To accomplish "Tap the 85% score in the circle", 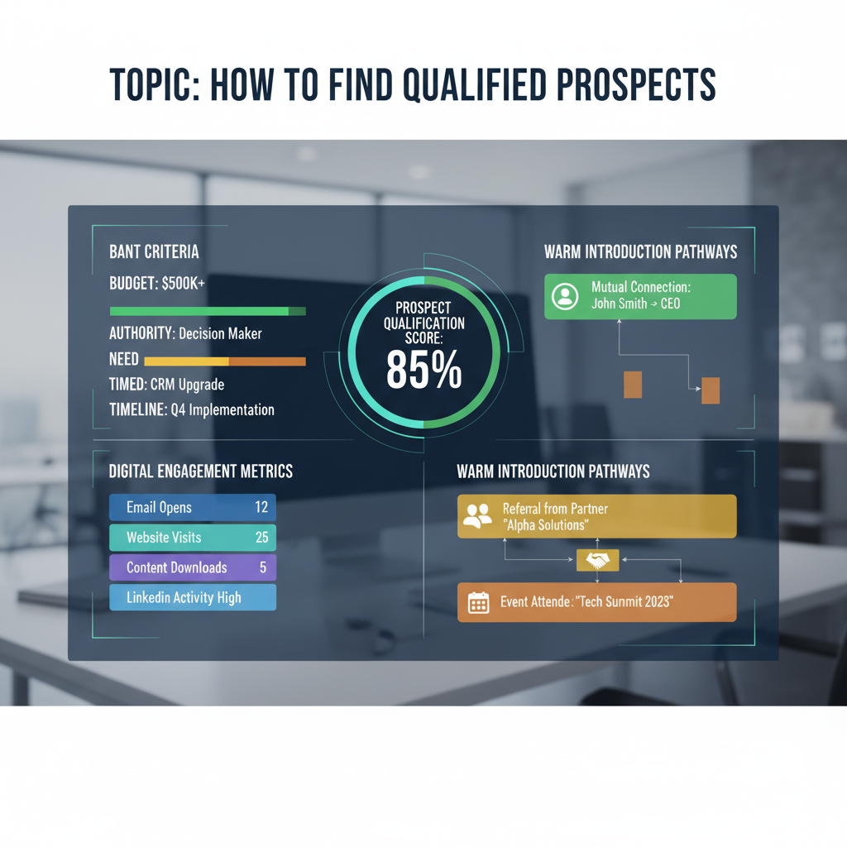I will [x=423, y=371].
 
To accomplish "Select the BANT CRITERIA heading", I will [x=154, y=251].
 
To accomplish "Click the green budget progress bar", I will [x=207, y=311].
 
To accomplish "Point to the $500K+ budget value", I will [x=183, y=283].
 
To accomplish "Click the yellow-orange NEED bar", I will [x=224, y=361].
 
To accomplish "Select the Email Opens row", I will [x=192, y=507].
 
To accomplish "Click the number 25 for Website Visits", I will [x=261, y=538].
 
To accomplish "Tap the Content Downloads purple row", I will [x=192, y=567].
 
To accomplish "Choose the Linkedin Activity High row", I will [x=192, y=597].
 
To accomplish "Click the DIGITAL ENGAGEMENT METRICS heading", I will [x=201, y=471].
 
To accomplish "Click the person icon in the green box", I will [x=566, y=297].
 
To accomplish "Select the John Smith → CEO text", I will [x=635, y=304].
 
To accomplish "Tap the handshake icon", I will [x=596, y=562].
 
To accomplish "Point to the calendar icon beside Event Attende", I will [x=478, y=602].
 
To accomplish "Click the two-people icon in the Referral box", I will [x=477, y=516].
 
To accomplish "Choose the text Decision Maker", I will [x=220, y=334].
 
